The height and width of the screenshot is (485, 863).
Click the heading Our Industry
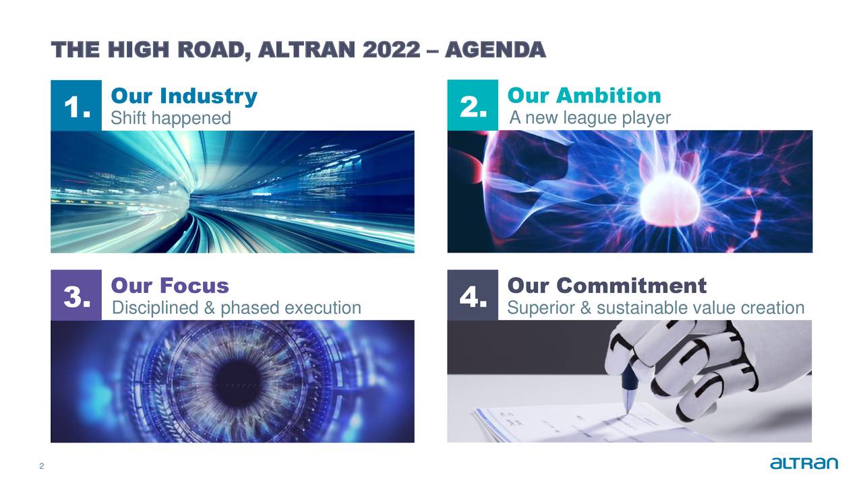183,96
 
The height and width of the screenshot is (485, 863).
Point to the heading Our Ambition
584,96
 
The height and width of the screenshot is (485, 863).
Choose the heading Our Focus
169,286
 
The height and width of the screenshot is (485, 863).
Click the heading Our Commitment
606,286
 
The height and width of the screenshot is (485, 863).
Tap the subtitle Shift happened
171,119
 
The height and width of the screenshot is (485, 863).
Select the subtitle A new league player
590,118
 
